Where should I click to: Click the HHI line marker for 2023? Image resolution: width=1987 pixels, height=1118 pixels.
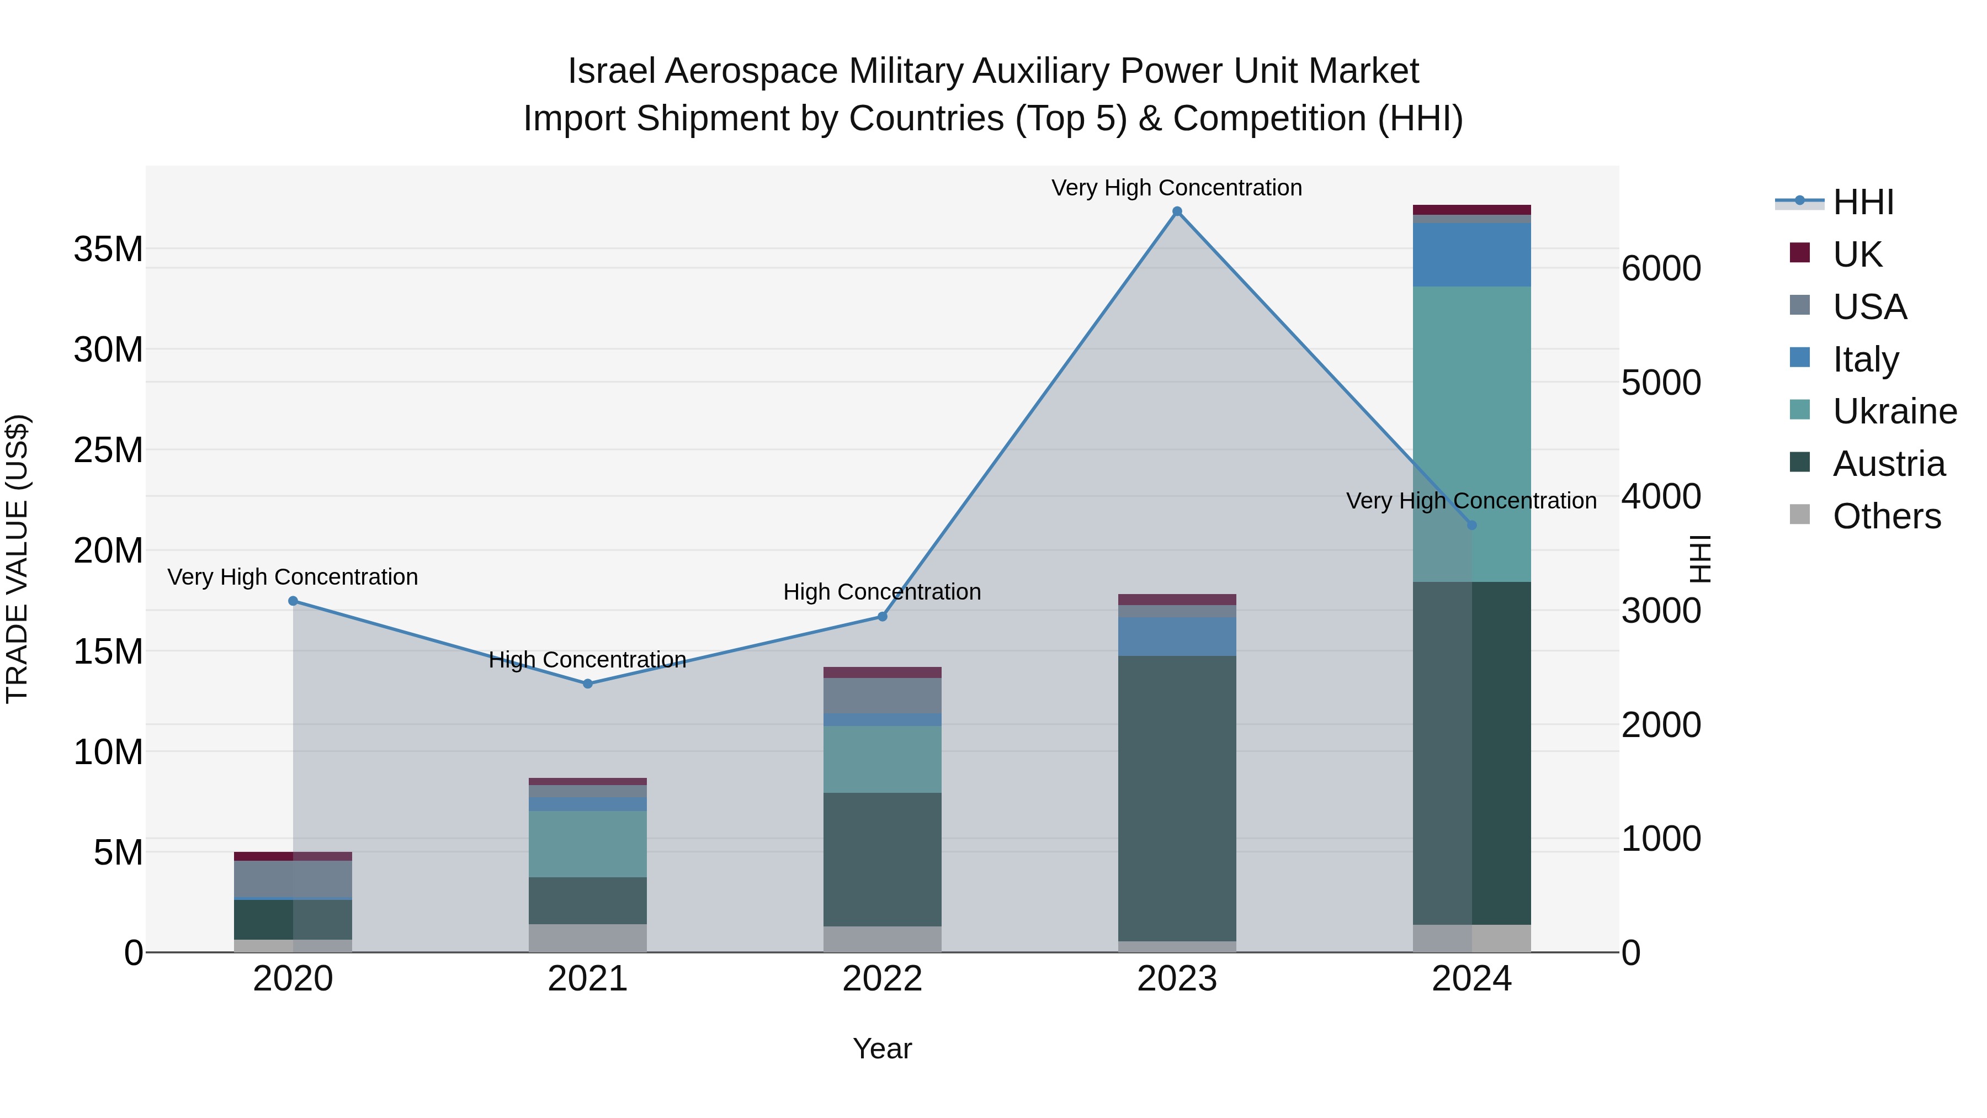coord(1177,211)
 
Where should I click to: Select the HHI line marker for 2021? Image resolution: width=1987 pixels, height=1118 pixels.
coord(588,683)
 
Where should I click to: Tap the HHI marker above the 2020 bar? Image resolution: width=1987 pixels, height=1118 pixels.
coord(293,601)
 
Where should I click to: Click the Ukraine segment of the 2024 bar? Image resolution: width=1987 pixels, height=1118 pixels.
coord(1471,432)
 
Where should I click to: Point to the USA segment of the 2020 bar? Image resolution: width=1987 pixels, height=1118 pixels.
coord(293,879)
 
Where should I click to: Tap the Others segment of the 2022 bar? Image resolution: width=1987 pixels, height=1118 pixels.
coord(883,939)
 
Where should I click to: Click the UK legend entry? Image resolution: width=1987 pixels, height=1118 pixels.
coord(1857,254)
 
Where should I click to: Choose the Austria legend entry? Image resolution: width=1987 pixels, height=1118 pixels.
coord(1888,464)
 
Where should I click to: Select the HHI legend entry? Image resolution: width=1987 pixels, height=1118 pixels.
coord(1863,202)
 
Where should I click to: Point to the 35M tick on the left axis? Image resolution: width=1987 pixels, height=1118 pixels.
coord(108,249)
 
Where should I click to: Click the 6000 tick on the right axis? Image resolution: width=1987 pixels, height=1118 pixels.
coord(1661,268)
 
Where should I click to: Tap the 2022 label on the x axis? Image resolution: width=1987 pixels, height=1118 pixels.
coord(883,979)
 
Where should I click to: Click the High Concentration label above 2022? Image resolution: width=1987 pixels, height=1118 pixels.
coord(883,592)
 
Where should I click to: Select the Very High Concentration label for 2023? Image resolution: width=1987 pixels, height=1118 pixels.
coord(1177,188)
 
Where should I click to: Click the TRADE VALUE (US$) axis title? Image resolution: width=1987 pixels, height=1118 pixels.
coord(17,559)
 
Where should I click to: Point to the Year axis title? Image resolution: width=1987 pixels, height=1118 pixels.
coord(883,1048)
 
